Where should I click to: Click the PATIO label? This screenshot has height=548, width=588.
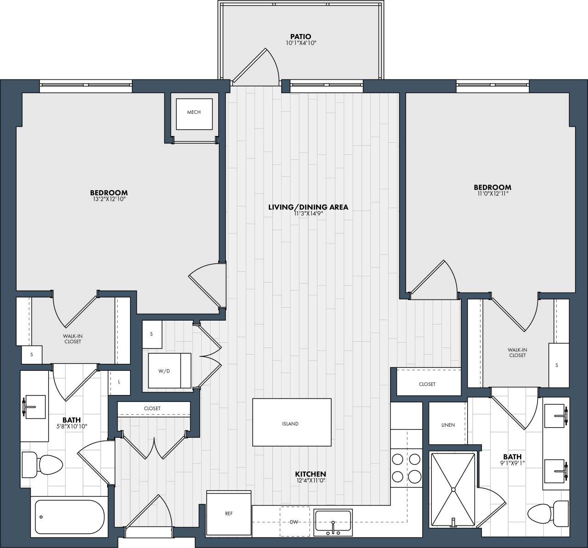[x=300, y=37]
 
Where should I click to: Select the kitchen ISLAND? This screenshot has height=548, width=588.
[x=291, y=423]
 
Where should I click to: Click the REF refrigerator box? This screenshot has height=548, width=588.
[x=229, y=514]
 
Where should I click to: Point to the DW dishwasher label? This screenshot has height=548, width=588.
[x=294, y=522]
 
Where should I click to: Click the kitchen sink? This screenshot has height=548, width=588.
[x=332, y=521]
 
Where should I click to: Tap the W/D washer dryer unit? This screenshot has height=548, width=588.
[x=169, y=371]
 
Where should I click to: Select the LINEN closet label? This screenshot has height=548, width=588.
[x=447, y=425]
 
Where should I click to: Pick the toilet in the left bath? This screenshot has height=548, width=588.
[x=44, y=464]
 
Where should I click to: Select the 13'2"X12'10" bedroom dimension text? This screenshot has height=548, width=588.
[x=108, y=199]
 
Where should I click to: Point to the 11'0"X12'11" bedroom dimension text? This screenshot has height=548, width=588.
[x=492, y=194]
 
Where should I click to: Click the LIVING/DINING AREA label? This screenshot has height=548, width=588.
[x=308, y=207]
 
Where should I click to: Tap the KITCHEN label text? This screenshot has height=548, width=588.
[x=310, y=474]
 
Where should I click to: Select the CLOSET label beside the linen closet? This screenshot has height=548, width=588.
[x=427, y=384]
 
